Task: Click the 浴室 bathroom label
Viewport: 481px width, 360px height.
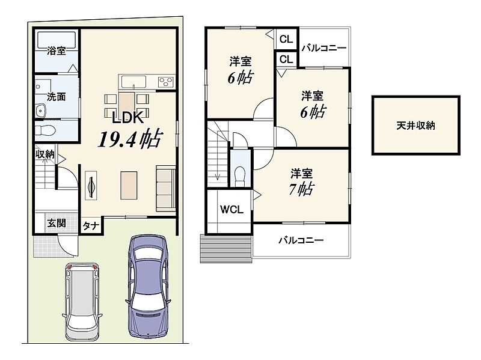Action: point(57,50)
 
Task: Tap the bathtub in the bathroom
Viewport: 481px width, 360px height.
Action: point(57,40)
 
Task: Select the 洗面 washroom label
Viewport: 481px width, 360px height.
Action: point(57,97)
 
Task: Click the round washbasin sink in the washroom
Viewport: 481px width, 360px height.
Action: point(40,111)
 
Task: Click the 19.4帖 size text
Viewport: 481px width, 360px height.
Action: point(129,139)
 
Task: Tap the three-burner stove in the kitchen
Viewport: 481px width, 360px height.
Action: point(166,82)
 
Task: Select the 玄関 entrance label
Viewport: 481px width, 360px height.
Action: point(57,223)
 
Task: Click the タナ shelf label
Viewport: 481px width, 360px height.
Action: point(91,226)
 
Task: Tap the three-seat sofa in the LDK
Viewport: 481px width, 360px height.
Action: point(166,188)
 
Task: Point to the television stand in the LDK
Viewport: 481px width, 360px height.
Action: point(91,186)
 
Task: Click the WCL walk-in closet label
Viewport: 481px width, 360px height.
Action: point(231,209)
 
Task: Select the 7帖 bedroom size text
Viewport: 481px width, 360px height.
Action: point(302,189)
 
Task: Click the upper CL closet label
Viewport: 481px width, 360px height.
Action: point(287,39)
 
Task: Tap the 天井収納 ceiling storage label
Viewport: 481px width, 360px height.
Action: point(415,126)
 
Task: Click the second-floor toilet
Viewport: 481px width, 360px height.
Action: point(240,177)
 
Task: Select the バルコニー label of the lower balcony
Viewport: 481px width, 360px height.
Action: point(301,240)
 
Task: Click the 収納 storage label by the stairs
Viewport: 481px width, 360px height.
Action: point(45,154)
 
